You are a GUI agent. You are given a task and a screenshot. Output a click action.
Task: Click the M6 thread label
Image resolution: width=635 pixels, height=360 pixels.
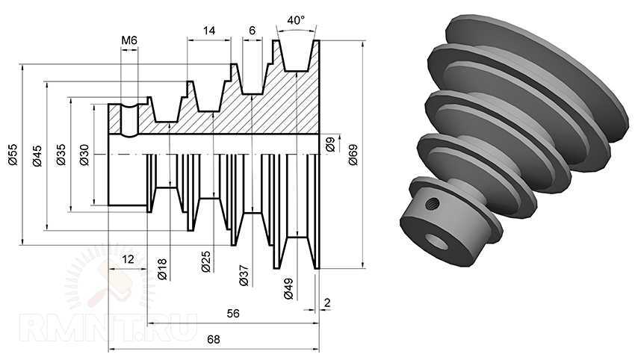129,40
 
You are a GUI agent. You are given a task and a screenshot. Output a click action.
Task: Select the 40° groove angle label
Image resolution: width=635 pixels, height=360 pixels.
296,20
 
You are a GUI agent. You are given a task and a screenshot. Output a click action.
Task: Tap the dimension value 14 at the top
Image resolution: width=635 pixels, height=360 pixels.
209,31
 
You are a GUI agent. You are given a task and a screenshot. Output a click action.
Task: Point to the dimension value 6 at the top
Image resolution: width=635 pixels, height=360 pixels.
253,31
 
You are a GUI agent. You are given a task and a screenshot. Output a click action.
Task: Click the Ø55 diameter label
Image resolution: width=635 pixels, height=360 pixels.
13,155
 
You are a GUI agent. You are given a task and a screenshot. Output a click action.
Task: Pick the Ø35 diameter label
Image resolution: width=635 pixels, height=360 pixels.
61,155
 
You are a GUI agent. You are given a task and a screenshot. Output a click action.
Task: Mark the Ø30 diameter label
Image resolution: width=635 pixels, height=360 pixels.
84,155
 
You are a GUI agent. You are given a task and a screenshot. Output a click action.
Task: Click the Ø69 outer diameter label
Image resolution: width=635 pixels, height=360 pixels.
353,155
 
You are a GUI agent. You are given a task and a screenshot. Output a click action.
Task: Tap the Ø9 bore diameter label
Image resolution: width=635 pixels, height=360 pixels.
330,144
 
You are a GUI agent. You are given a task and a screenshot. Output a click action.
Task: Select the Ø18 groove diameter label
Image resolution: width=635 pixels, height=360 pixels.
162,270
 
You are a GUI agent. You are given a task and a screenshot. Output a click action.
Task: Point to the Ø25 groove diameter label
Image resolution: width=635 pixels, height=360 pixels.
206,261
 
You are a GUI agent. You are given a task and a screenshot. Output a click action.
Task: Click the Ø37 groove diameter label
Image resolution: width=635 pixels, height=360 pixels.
244,276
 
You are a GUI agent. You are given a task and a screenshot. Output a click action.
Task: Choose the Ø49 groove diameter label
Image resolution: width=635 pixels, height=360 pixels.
288,289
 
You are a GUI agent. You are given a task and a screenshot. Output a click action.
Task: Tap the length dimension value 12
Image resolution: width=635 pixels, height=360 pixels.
128,258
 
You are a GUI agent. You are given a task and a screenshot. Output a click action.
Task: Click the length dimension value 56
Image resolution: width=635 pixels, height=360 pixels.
233,314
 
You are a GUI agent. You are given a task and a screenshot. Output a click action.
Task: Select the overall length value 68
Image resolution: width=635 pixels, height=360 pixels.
214,339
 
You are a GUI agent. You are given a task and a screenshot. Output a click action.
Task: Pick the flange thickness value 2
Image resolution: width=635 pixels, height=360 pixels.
327,302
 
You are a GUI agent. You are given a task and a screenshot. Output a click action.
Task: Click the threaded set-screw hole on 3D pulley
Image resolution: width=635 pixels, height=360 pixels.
433,202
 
